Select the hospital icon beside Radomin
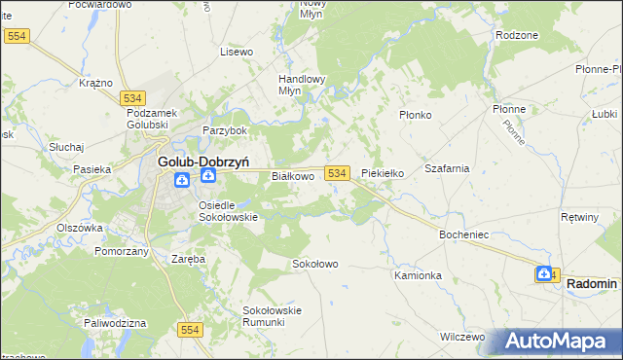tap(544, 274)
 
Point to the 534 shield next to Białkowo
tap(337, 173)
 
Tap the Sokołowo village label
tap(314, 264)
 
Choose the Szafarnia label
tap(447, 168)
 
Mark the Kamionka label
tap(418, 275)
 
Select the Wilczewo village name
tap(461, 337)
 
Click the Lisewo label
tap(237, 51)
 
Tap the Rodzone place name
tap(516, 34)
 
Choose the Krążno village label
tap(96, 84)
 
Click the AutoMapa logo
tap(558, 342)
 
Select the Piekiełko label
tap(383, 173)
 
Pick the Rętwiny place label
tap(580, 216)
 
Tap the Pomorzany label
tap(122, 251)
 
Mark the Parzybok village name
tap(225, 130)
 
